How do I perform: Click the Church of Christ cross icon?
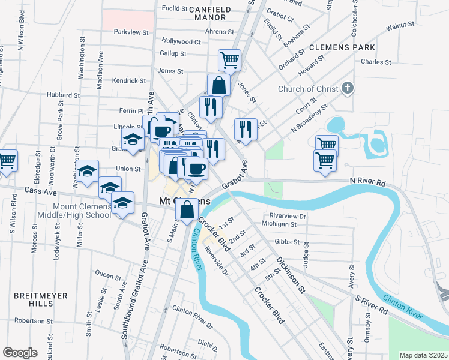click(x=347, y=89)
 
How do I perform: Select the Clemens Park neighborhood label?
click(x=342, y=47)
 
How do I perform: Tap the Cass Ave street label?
click(x=41, y=191)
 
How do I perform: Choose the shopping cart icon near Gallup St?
click(x=229, y=60)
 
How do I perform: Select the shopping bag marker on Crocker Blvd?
click(x=187, y=210)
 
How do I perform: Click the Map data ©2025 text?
click(x=424, y=355)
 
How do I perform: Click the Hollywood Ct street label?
click(x=181, y=42)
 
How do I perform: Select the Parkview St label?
click(x=131, y=31)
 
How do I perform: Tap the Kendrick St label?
click(x=129, y=80)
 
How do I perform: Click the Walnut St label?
click(x=400, y=26)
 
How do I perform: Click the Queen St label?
click(x=108, y=275)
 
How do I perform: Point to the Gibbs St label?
click(x=287, y=242)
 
